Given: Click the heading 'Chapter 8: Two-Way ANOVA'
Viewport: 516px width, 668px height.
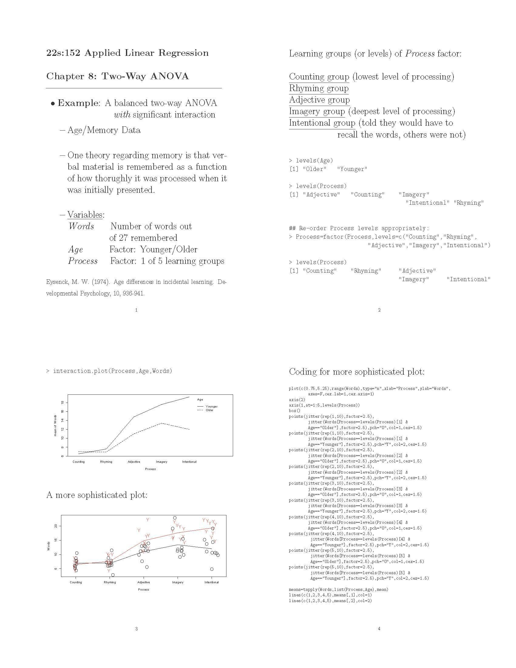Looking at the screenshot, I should tap(117, 76).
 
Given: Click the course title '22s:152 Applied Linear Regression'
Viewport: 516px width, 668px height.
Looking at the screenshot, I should tap(127, 53).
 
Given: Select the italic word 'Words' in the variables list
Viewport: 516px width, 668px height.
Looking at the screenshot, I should tap(81, 226).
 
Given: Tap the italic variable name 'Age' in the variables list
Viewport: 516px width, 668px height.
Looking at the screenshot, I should tap(75, 250).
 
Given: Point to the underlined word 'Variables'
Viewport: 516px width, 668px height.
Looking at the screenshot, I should tap(85, 215).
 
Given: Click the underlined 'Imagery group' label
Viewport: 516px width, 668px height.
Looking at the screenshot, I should tap(317, 111).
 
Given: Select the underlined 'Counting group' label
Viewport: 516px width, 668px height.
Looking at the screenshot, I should tap(319, 77).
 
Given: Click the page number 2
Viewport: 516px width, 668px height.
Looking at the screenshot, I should tap(379, 310).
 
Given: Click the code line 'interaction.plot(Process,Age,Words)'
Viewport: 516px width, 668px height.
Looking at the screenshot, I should tap(112, 371).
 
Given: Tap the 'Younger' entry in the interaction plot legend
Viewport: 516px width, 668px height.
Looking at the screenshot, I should tap(211, 407).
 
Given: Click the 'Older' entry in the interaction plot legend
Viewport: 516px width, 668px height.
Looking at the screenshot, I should tap(209, 410).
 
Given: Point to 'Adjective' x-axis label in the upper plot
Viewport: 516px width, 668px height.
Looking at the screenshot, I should tap(134, 462).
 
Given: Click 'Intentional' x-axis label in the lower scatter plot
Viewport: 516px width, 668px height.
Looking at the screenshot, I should tap(212, 582).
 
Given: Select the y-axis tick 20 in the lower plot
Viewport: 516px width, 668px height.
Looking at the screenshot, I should tap(56, 526).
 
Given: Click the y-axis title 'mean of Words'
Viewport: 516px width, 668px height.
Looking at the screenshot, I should tap(55, 425).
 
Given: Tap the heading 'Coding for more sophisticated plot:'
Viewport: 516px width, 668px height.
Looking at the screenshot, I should tap(356, 372).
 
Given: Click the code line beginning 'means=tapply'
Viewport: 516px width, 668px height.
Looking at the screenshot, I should tap(338, 589).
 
